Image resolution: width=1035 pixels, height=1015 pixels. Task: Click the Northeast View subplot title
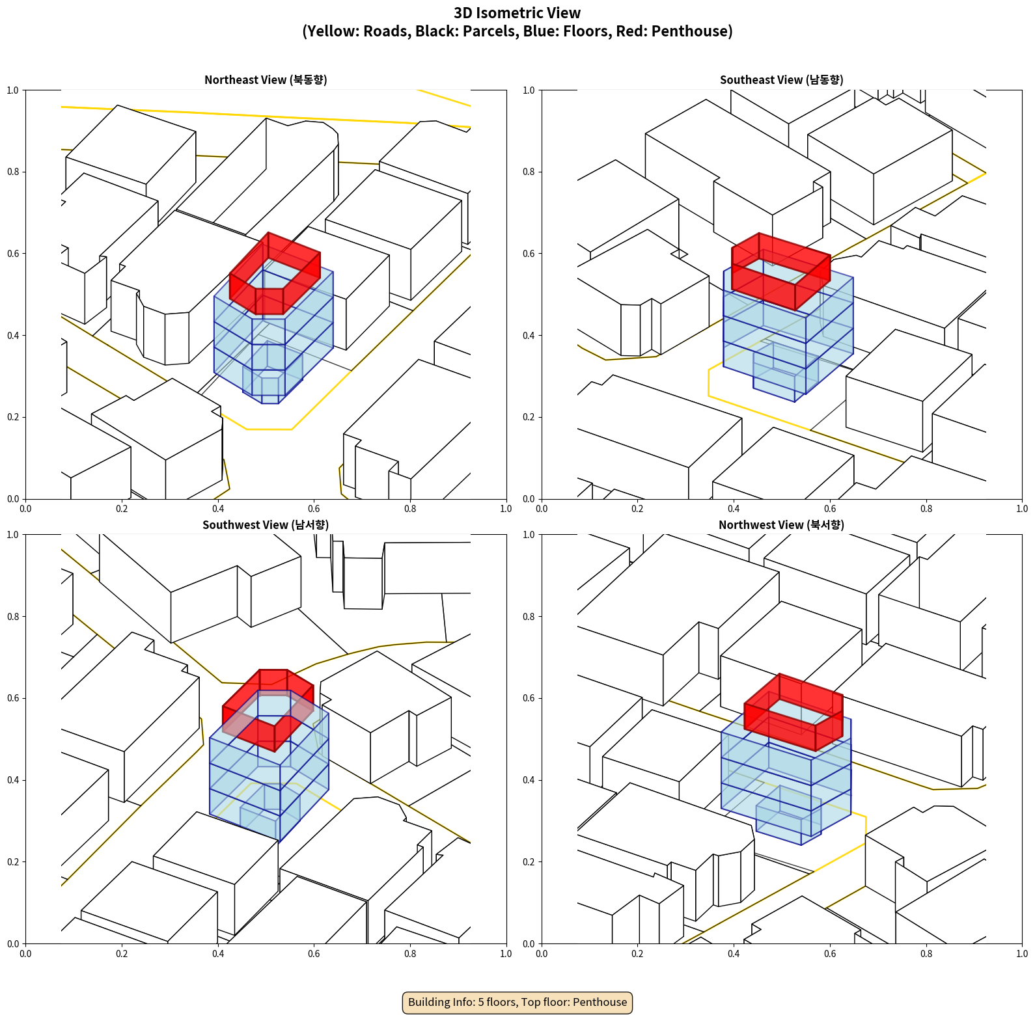266,80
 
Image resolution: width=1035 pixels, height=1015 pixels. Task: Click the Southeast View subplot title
781,80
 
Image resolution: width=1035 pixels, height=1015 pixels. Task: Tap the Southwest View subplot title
266,525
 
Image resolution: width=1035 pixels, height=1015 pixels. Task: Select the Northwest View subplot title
781,525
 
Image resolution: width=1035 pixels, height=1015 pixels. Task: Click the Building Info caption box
517,1002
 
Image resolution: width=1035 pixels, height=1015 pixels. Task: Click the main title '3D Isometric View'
517,13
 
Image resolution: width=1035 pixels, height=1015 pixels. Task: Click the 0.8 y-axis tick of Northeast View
13,172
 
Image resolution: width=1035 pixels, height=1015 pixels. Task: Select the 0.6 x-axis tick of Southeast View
830,509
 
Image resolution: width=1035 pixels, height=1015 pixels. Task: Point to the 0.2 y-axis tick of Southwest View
13,862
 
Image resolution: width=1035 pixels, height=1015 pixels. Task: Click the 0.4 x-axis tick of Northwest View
734,954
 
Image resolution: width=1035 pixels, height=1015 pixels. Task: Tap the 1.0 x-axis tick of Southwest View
506,954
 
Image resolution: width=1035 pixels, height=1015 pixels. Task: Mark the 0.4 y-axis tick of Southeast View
529,336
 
